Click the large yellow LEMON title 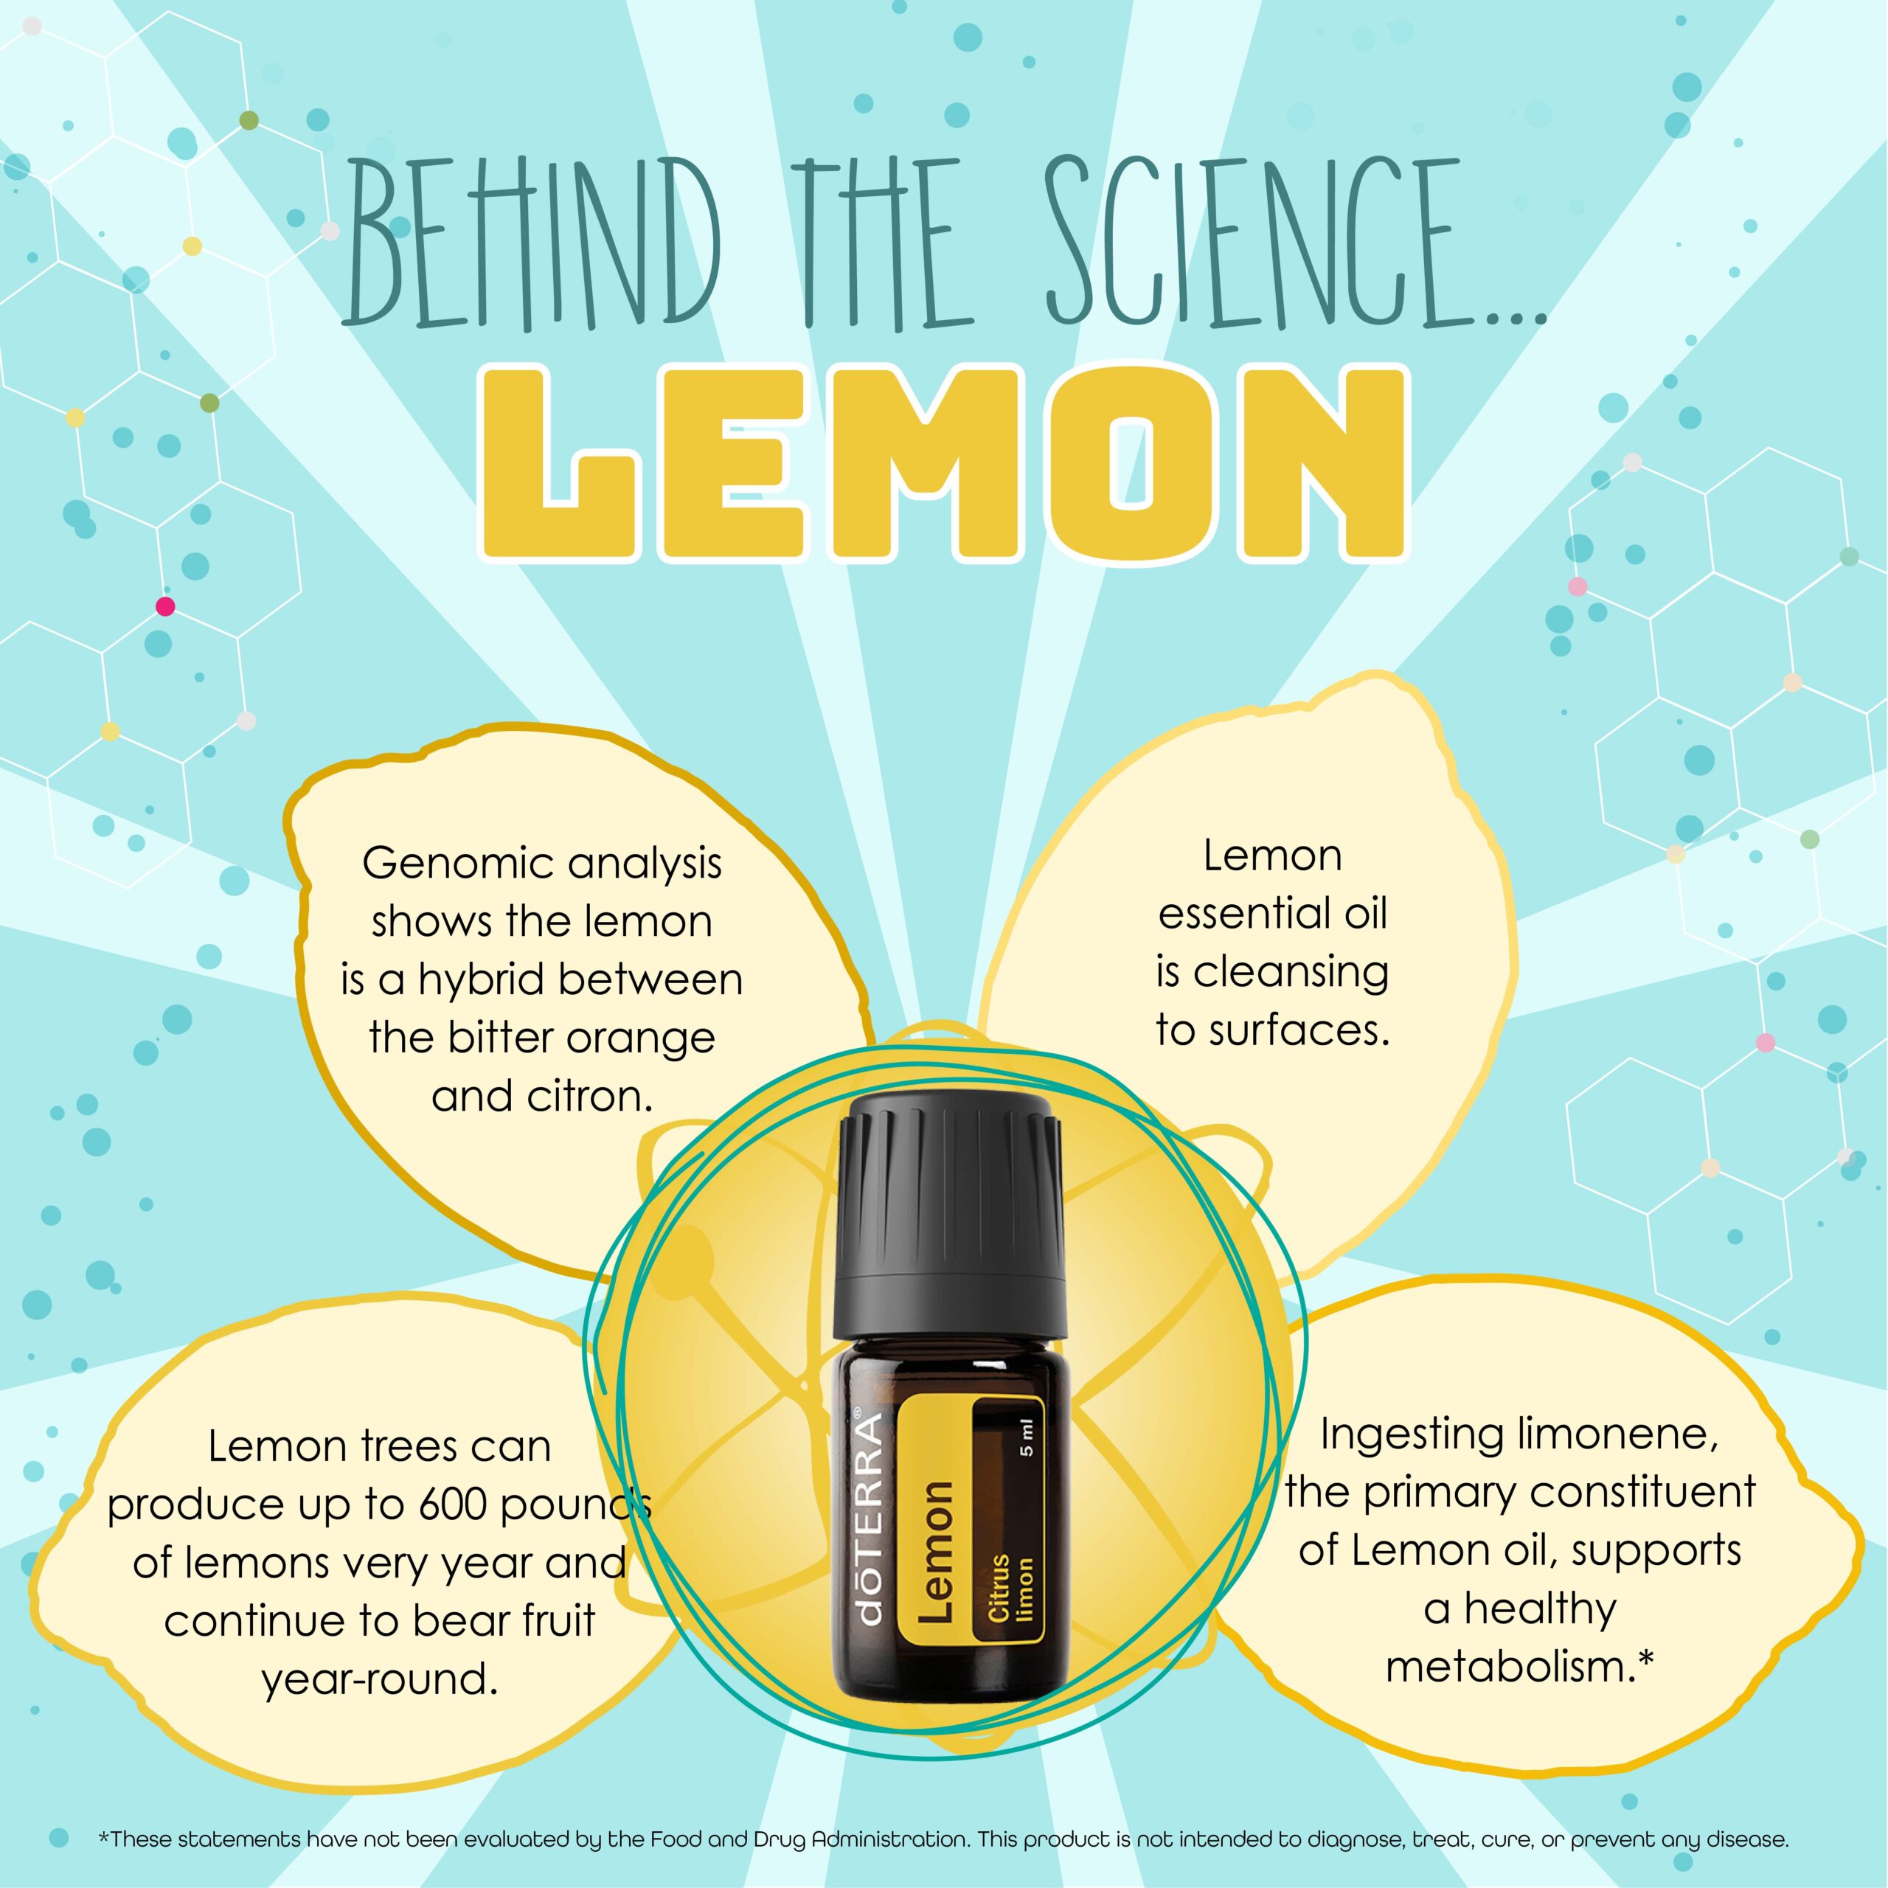[944, 463]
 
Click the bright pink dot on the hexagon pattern [165, 607]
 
